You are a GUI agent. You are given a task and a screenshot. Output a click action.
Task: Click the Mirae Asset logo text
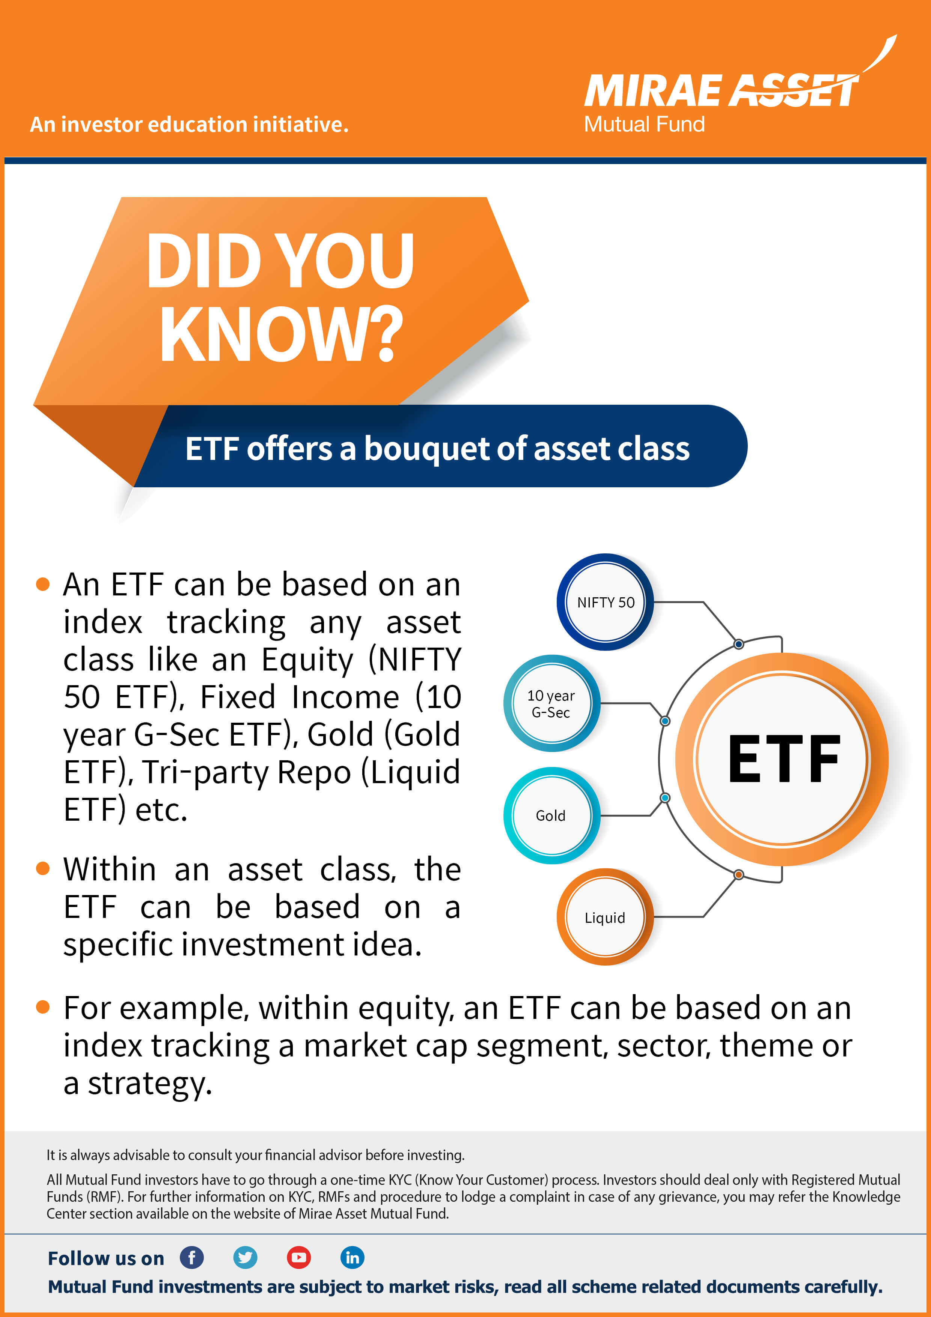(x=721, y=90)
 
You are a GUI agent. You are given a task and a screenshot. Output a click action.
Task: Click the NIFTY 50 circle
(x=605, y=602)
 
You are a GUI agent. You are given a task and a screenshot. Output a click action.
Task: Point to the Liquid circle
(x=605, y=917)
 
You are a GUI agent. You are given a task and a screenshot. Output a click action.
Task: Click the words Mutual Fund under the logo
(x=644, y=124)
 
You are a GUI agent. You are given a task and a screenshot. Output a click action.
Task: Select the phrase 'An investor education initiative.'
(x=189, y=124)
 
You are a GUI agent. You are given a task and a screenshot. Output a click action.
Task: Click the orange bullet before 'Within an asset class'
(x=43, y=868)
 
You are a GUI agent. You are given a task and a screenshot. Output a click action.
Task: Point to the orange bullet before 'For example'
(x=43, y=1007)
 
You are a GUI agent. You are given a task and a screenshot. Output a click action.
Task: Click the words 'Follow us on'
(x=106, y=1258)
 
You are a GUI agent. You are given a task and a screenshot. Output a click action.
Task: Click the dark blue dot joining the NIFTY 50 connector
(x=739, y=644)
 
